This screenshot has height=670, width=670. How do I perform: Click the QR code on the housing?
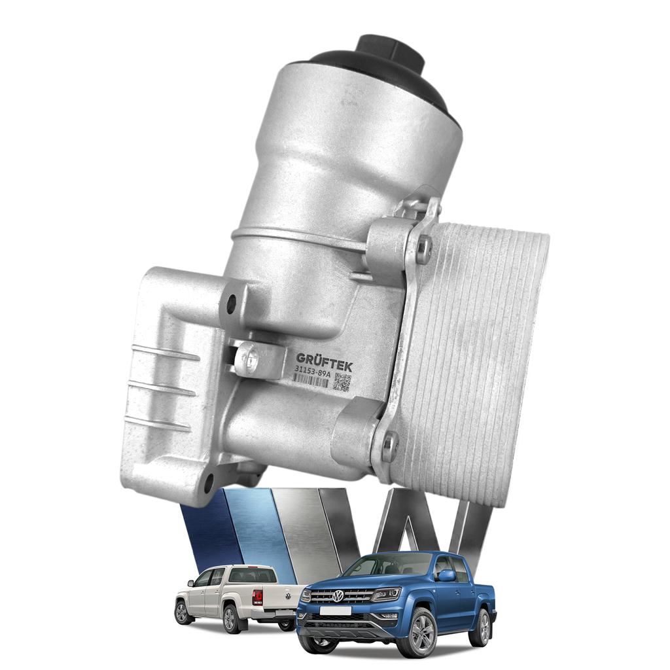(343, 381)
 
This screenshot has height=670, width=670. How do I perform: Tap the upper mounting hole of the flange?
(232, 302)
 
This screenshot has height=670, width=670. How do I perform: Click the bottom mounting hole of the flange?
(209, 482)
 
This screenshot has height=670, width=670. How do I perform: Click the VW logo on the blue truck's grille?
(338, 595)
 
